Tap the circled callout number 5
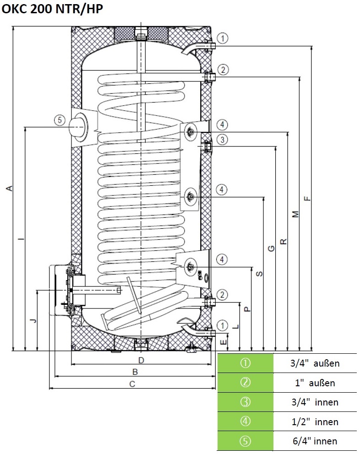click(x=59, y=120)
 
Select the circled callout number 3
click(x=222, y=140)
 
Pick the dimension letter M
click(x=295, y=214)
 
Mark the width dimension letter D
click(x=141, y=361)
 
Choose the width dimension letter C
click(x=132, y=384)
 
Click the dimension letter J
click(x=33, y=321)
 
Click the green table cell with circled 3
click(x=245, y=402)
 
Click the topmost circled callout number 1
click(x=222, y=38)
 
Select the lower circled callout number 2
click(x=222, y=294)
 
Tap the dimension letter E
click(x=223, y=341)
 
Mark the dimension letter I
click(x=21, y=239)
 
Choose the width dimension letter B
click(x=135, y=372)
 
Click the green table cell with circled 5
click(x=245, y=441)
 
